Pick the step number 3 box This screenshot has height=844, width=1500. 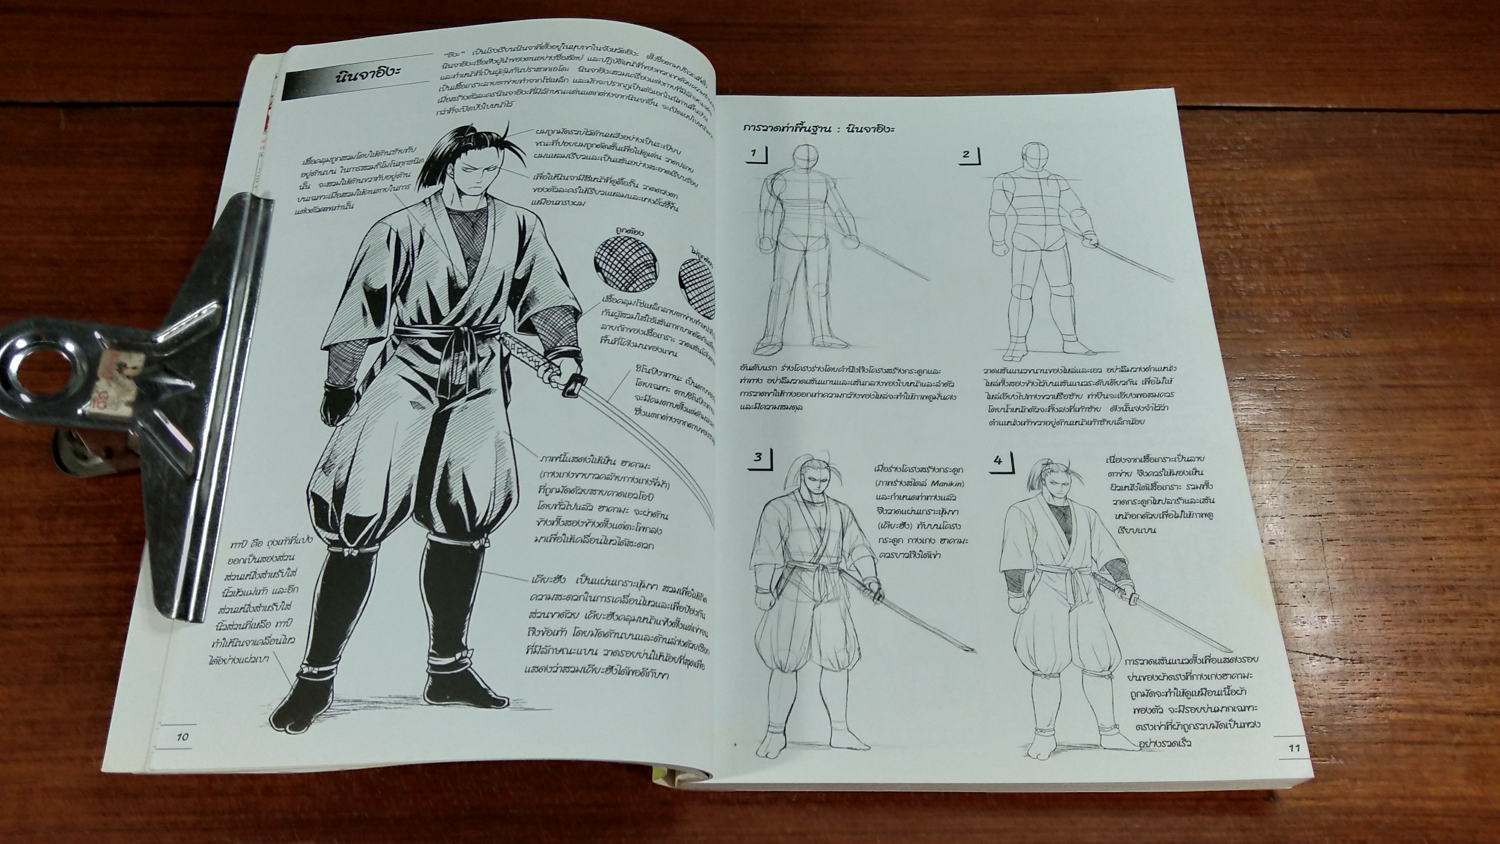coord(758,457)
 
